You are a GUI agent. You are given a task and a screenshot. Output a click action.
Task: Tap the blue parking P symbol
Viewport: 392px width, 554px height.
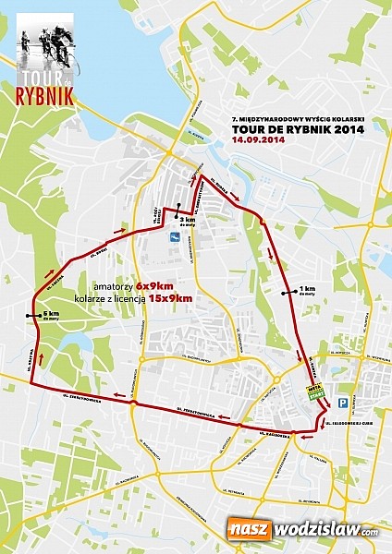click(341, 403)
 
